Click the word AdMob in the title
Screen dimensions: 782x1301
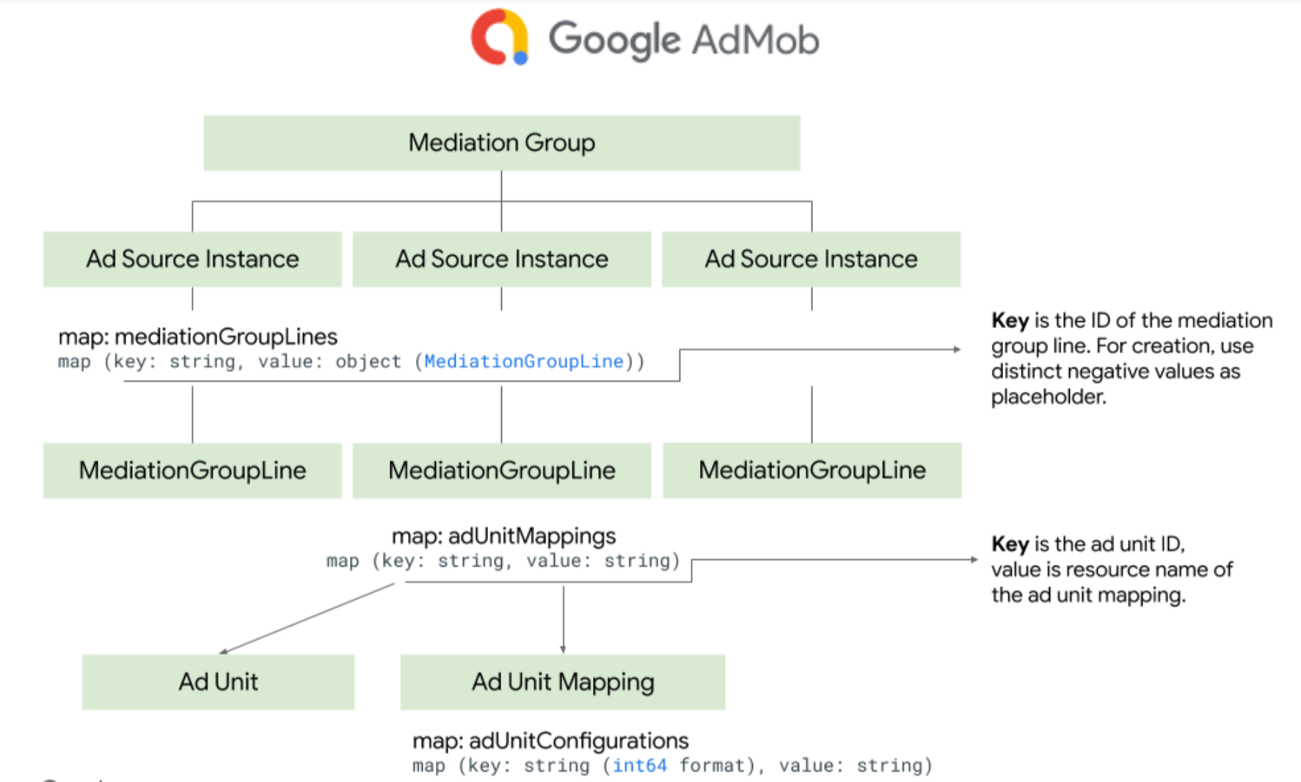[x=755, y=40]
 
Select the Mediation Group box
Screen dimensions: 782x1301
[x=501, y=142]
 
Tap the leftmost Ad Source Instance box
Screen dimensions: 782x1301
[x=192, y=259]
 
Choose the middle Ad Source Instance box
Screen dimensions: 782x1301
[x=501, y=259]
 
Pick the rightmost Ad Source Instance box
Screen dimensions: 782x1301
[x=811, y=259]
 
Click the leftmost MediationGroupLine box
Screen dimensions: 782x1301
[x=192, y=470]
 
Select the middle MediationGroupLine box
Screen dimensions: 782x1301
[x=501, y=470]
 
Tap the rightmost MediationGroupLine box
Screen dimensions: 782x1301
[x=812, y=470]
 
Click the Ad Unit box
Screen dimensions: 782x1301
[x=218, y=681]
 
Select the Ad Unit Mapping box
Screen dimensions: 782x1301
[x=563, y=681]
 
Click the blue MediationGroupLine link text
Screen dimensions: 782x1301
[x=523, y=361]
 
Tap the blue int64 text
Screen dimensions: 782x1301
[x=639, y=765]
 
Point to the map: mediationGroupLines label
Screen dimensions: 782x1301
[x=197, y=336]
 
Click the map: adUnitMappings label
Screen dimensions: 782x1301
[x=503, y=536]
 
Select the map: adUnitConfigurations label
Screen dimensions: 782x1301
[x=550, y=740]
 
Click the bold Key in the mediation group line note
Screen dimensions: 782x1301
[x=1010, y=320]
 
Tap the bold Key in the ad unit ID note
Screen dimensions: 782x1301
[x=1010, y=544]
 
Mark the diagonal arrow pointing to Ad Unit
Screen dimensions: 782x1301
[x=307, y=618]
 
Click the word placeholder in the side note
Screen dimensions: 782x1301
[x=1048, y=397]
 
